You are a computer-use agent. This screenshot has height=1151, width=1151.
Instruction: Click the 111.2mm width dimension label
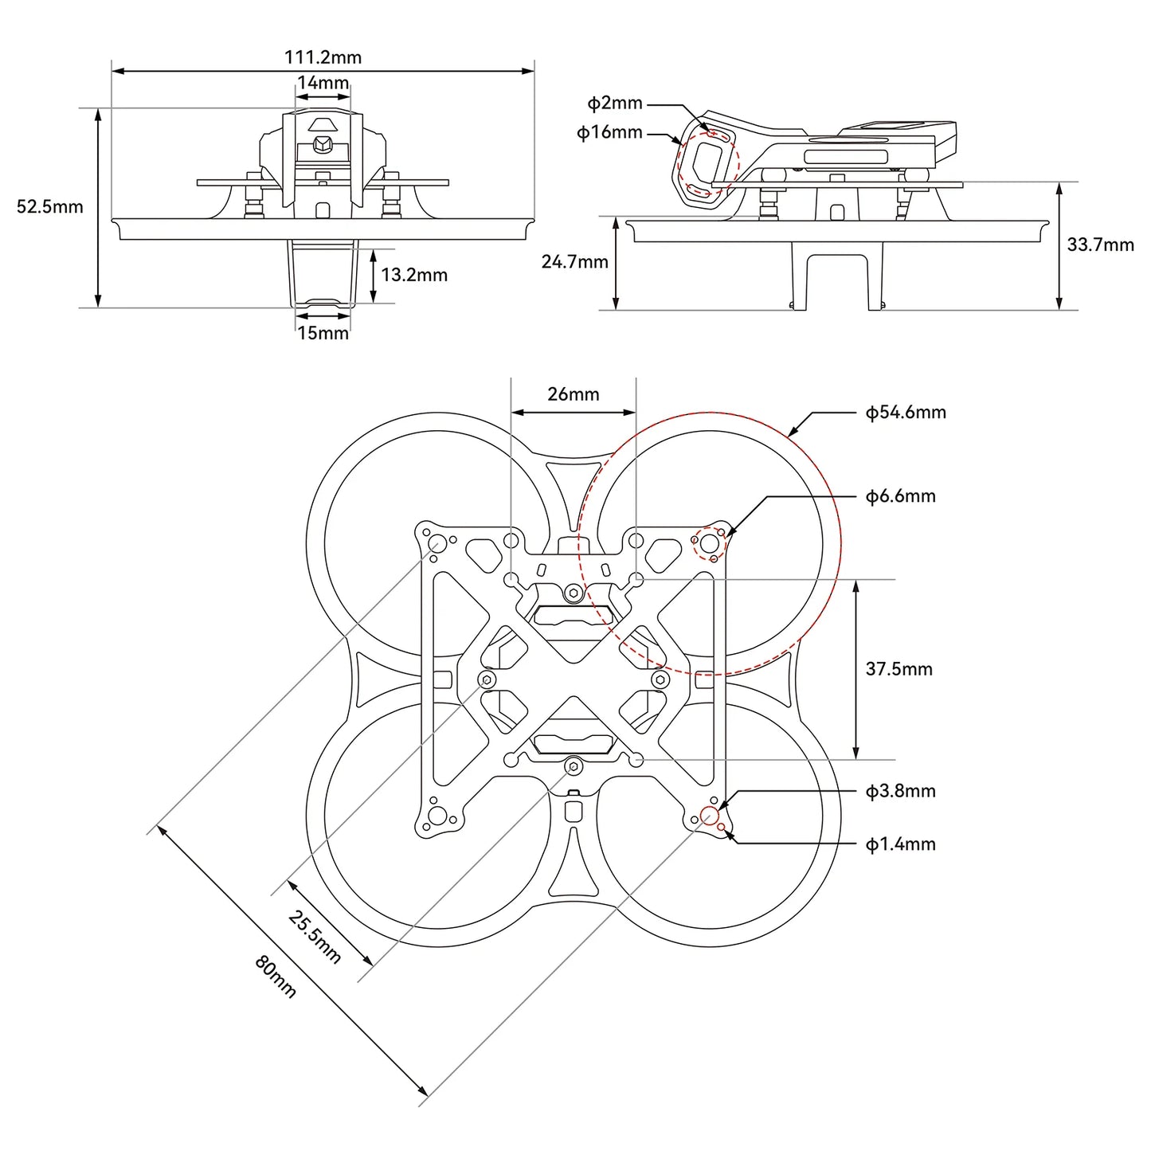pos(323,57)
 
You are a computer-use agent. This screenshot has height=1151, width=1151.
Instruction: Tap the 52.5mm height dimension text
pos(49,207)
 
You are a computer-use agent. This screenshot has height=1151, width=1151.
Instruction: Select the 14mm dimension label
pos(323,83)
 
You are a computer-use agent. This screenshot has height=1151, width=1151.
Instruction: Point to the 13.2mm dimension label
pos(414,276)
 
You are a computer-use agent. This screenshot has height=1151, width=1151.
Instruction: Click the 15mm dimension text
pos(323,334)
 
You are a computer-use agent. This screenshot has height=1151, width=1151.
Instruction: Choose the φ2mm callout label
pos(614,104)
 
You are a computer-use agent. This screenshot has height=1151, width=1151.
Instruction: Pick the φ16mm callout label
pos(609,132)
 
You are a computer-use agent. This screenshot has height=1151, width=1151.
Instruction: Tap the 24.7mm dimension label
pos(574,262)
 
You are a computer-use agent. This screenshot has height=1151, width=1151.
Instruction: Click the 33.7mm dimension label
pos(1100,245)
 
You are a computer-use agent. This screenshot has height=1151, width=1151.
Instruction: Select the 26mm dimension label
pos(573,394)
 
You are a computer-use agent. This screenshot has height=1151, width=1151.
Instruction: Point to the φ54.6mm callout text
pos(906,413)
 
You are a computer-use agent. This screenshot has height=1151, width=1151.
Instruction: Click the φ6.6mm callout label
pos(900,496)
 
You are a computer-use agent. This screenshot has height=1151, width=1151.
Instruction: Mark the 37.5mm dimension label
pos(898,669)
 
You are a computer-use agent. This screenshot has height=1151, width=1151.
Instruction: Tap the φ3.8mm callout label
pos(900,791)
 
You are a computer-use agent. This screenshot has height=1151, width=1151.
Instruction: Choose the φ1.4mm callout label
pos(900,844)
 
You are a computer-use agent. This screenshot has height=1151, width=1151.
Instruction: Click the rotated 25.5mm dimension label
pos(315,938)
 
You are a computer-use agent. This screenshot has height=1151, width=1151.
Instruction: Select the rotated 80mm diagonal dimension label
pos(276,977)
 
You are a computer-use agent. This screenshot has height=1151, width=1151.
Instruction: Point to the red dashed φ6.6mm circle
pos(708,544)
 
